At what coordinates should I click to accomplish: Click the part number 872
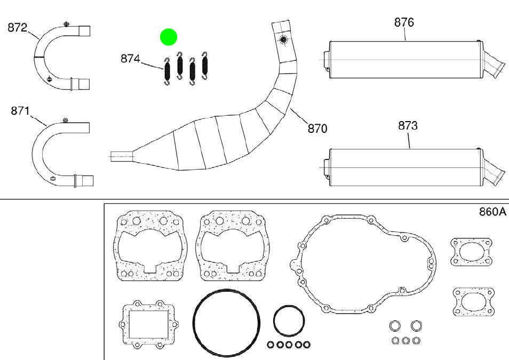click(x=17, y=28)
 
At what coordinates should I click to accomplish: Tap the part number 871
click(x=20, y=111)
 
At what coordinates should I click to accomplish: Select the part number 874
click(x=130, y=59)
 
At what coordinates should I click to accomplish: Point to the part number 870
click(x=317, y=129)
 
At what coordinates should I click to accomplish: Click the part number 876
click(x=404, y=22)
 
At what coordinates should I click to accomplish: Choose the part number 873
click(x=408, y=126)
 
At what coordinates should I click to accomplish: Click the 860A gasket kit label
click(x=492, y=212)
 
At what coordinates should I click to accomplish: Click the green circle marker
click(x=169, y=37)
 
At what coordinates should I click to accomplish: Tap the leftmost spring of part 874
click(x=167, y=71)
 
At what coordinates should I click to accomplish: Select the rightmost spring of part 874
click(x=204, y=65)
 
